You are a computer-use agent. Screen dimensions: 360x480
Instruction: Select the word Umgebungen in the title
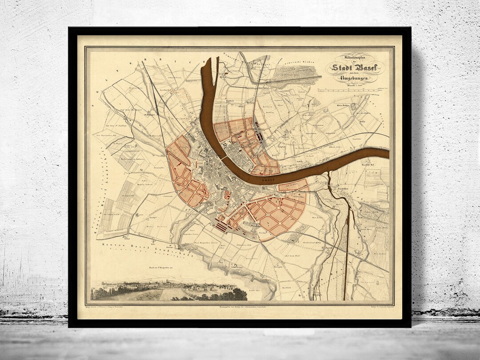[353, 78]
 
